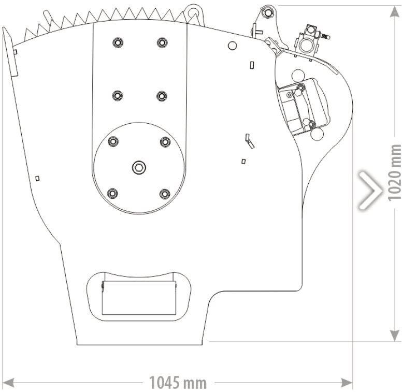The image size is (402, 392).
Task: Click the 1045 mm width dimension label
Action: [x=178, y=383]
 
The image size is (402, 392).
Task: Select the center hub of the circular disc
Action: [x=139, y=167]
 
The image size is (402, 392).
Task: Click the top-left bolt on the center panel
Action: [x=118, y=42]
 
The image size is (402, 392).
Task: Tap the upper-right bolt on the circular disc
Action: [x=165, y=141]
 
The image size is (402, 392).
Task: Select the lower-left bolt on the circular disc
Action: [x=112, y=194]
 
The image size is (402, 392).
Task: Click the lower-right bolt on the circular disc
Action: [x=165, y=194]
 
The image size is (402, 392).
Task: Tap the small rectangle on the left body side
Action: [x=37, y=178]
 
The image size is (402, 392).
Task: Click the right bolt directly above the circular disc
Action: [x=162, y=96]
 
